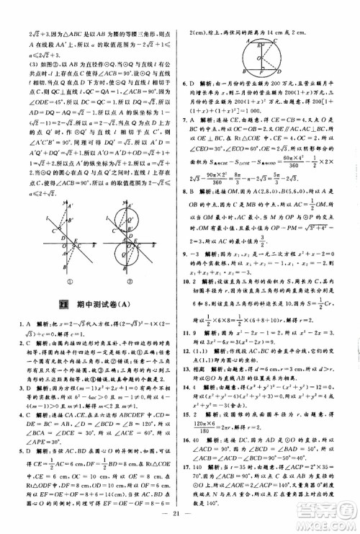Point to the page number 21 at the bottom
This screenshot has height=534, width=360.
[180, 519]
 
